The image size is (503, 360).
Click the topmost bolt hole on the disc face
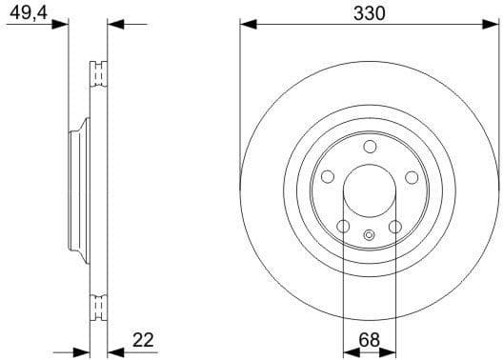pos(370,146)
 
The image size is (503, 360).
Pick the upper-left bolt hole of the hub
pos(327,177)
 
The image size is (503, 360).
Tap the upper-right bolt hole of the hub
pos(412,177)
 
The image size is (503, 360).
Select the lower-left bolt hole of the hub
pos(343,227)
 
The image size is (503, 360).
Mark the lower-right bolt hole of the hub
pos(395,227)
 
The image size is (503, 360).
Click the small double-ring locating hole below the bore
pos(370,235)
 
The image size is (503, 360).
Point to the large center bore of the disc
pos(370,190)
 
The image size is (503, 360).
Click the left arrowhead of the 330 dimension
pos(245,23)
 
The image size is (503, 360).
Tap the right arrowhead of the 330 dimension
pos(494,23)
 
